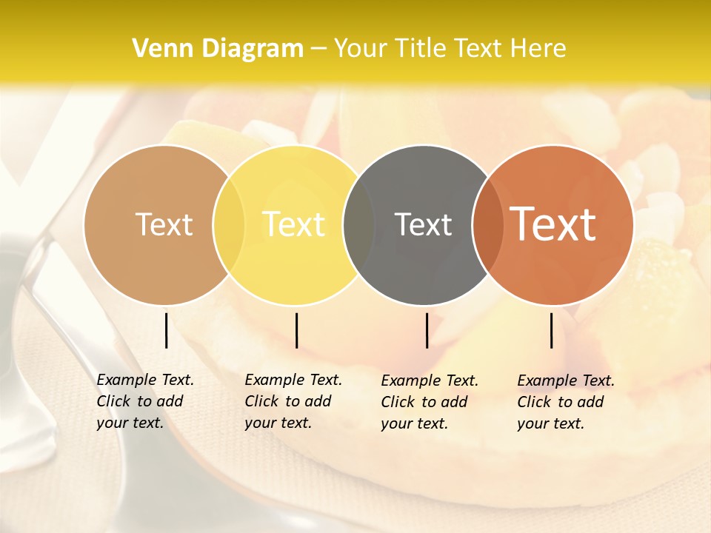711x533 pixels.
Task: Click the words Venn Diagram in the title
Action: pyautogui.click(x=218, y=49)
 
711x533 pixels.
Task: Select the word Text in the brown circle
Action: pyautogui.click(x=164, y=224)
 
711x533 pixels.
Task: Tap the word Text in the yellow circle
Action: pyautogui.click(x=293, y=224)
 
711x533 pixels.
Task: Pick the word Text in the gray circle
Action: pyautogui.click(x=423, y=224)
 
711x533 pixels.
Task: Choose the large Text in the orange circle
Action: pyautogui.click(x=553, y=224)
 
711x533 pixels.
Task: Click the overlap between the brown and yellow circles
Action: pyautogui.click(x=229, y=225)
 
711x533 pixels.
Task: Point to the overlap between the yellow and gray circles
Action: pyautogui.click(x=358, y=225)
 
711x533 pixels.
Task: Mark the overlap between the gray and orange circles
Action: pyautogui.click(x=485, y=225)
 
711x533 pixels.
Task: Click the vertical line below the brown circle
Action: pyautogui.click(x=167, y=330)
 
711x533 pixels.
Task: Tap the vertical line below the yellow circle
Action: pyautogui.click(x=296, y=330)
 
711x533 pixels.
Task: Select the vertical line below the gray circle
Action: pyautogui.click(x=427, y=330)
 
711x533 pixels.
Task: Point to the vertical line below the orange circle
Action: pyautogui.click(x=552, y=330)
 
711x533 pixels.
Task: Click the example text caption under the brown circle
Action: pyautogui.click(x=144, y=401)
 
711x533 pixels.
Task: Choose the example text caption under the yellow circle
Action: pyautogui.click(x=293, y=401)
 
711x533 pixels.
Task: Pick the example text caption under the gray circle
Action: pyautogui.click(x=429, y=402)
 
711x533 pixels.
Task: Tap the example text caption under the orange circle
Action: pyautogui.click(x=565, y=402)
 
